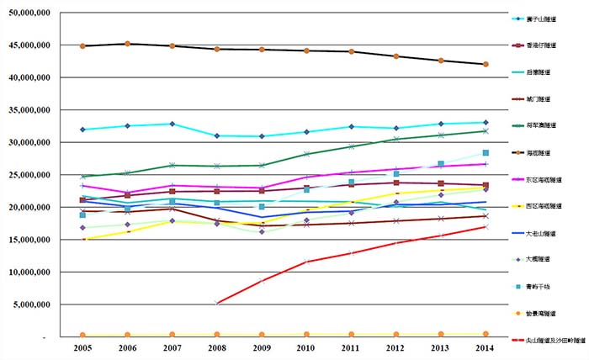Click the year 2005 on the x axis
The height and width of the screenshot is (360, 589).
tap(82, 347)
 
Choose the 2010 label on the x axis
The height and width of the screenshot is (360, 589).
tap(306, 347)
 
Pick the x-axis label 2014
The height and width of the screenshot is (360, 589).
tap(485, 347)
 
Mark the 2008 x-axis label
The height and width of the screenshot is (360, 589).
tap(217, 347)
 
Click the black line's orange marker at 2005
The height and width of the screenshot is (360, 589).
tap(82, 46)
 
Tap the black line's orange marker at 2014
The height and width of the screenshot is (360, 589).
tap(486, 64)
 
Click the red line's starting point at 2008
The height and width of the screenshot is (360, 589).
tap(217, 303)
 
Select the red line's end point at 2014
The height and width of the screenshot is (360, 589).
tap(486, 226)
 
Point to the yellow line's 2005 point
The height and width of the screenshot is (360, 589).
tap(82, 240)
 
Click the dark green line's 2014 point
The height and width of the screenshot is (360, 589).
tap(486, 131)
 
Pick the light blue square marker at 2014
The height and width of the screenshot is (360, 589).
tap(486, 153)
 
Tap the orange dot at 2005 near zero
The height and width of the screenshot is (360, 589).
tap(82, 335)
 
